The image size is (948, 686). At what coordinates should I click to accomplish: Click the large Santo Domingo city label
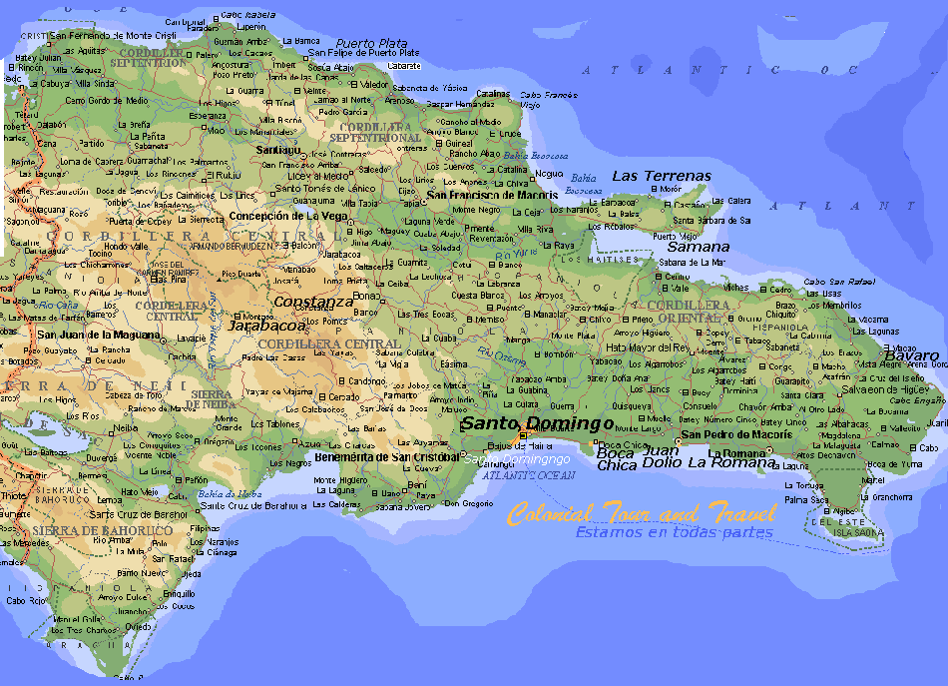pyautogui.click(x=536, y=423)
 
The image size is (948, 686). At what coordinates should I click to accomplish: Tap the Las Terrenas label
pyautogui.click(x=662, y=176)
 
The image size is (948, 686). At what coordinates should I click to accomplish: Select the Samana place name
pyautogui.click(x=699, y=246)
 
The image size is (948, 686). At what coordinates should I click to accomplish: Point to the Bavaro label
pyautogui.click(x=912, y=355)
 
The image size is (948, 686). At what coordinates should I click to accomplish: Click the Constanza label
pyautogui.click(x=313, y=301)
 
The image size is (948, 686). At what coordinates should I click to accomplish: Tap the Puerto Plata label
pyautogui.click(x=371, y=43)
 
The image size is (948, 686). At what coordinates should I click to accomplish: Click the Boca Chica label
pyautogui.click(x=617, y=459)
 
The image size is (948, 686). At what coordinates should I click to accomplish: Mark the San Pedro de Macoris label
pyautogui.click(x=728, y=434)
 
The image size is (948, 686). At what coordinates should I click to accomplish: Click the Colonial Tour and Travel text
pyautogui.click(x=641, y=514)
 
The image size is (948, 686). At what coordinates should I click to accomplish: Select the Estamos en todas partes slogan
pyautogui.click(x=673, y=532)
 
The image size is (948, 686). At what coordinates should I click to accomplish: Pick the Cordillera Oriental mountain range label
pyautogui.click(x=688, y=311)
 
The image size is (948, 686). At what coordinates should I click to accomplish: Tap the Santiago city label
pyautogui.click(x=277, y=149)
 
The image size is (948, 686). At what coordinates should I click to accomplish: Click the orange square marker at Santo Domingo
pyautogui.click(x=523, y=435)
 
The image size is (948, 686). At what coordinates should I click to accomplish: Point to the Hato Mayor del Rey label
pyautogui.click(x=648, y=347)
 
